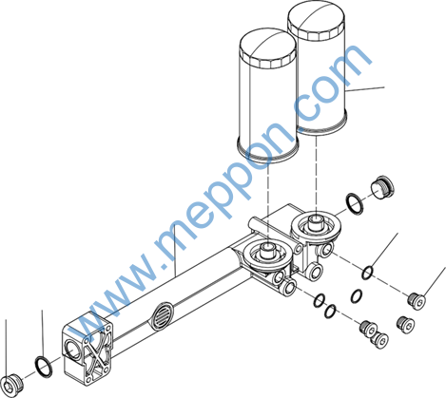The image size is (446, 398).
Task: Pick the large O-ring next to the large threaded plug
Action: (355, 203)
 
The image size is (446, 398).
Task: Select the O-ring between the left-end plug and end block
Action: (44, 367)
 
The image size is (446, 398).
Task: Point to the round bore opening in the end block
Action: (72, 349)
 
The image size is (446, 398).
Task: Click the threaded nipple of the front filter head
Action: (268, 250)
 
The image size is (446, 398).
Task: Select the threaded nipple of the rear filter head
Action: (316, 221)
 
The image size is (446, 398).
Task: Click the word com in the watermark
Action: (333, 83)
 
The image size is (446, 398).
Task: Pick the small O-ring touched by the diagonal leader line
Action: (368, 273)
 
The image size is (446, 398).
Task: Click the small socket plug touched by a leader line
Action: (417, 301)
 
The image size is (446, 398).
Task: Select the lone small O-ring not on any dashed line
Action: (356, 295)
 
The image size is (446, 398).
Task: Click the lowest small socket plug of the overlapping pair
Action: (379, 340)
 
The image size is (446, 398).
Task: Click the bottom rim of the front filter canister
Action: (268, 149)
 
